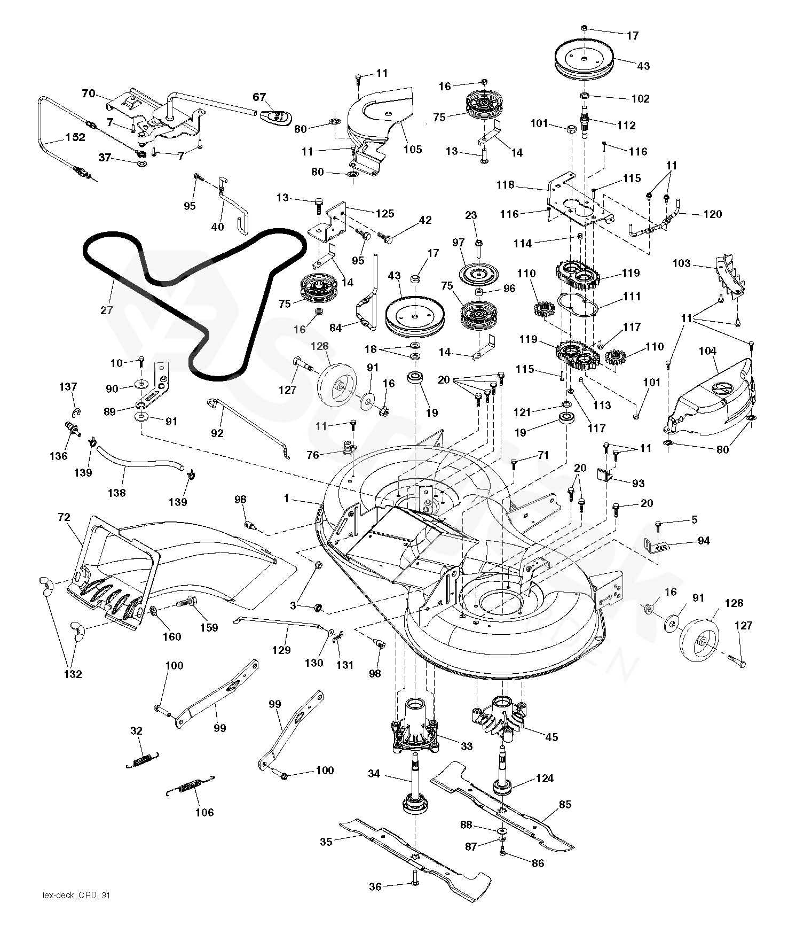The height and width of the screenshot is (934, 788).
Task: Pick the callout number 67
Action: point(259,97)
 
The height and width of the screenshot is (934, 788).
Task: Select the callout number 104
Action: point(708,352)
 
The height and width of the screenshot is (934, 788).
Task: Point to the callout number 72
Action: point(64,517)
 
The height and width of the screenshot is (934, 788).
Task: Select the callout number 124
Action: point(545,779)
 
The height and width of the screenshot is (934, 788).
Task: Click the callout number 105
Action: point(412,149)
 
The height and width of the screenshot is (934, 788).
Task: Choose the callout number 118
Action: point(506,185)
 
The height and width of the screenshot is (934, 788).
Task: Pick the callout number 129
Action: point(281,650)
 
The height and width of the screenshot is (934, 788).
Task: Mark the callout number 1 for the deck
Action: point(287,499)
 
